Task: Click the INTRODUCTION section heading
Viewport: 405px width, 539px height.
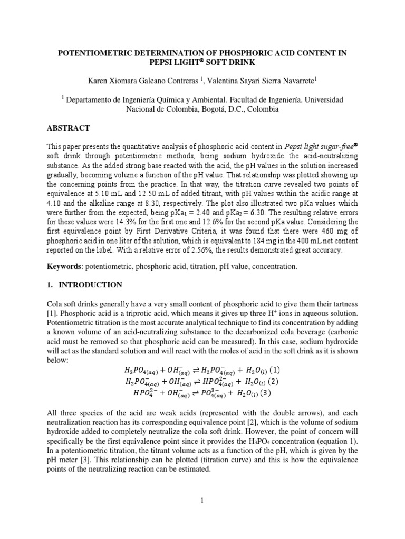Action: point(90,285)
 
